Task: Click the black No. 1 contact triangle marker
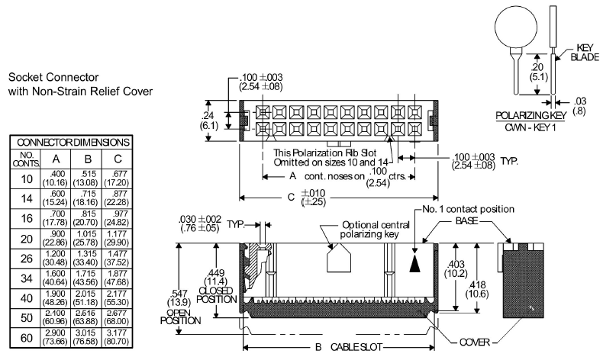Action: click(414, 262)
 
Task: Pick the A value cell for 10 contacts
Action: click(56, 178)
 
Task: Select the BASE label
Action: click(466, 220)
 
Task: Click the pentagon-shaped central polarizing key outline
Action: click(340, 260)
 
